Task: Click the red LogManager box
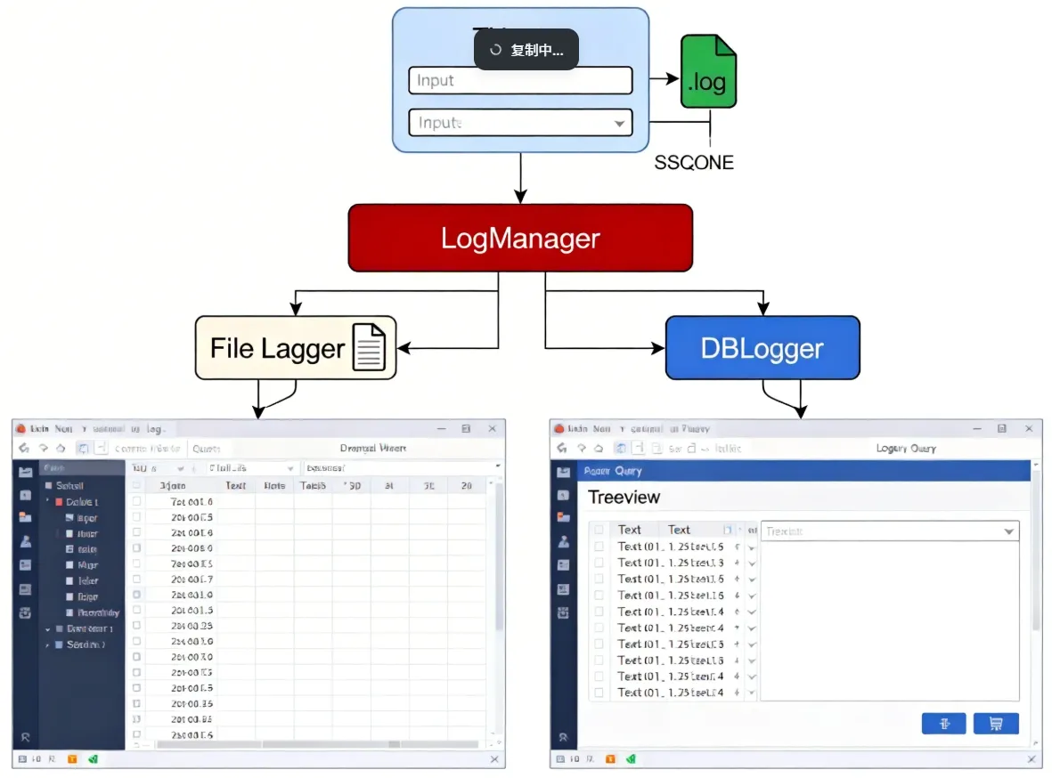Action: (x=520, y=239)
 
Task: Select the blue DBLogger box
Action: (x=762, y=348)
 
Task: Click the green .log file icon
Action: (x=708, y=71)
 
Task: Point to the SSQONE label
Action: (x=694, y=163)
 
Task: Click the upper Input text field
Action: (x=520, y=80)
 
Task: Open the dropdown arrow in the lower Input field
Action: (x=620, y=124)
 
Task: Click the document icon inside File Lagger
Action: (x=370, y=347)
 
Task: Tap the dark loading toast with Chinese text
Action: (x=526, y=50)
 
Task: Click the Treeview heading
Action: (x=624, y=498)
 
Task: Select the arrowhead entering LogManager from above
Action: (x=520, y=197)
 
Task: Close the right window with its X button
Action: (x=1029, y=429)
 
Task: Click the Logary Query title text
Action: (x=906, y=449)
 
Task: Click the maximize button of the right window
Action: (x=1002, y=429)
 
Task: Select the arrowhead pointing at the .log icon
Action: (x=673, y=79)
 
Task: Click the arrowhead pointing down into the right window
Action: (x=800, y=411)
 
